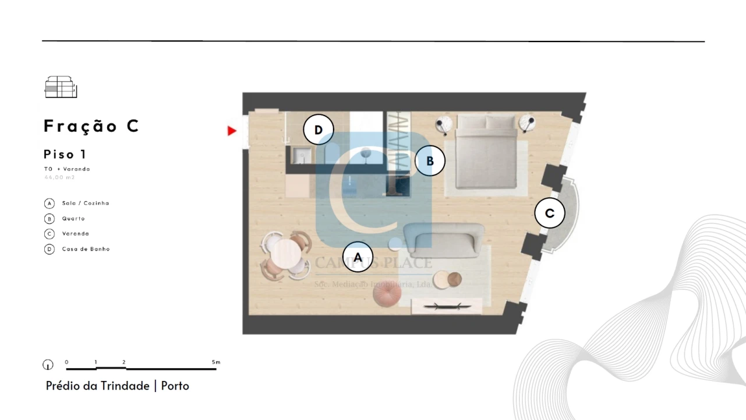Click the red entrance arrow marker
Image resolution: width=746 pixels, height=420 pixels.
pyautogui.click(x=232, y=131)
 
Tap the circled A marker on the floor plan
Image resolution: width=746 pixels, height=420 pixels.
pyautogui.click(x=358, y=257)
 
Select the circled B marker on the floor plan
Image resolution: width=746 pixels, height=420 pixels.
pyautogui.click(x=430, y=161)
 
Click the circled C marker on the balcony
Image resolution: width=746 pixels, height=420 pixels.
pyautogui.click(x=550, y=213)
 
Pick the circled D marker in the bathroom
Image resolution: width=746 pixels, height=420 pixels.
pyautogui.click(x=318, y=129)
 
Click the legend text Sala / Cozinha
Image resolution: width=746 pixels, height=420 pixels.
pyautogui.click(x=86, y=203)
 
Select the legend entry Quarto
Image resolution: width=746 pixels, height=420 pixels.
pyautogui.click(x=73, y=219)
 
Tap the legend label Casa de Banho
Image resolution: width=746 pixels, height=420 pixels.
pyautogui.click(x=86, y=249)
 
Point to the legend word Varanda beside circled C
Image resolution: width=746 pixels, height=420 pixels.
pyautogui.click(x=76, y=234)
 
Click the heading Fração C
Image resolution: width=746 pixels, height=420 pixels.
pyautogui.click(x=91, y=126)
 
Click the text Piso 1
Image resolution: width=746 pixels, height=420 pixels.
pyautogui.click(x=65, y=155)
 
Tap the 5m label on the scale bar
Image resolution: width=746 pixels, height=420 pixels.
pyautogui.click(x=216, y=362)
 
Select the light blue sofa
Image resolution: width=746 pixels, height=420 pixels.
pyautogui.click(x=444, y=240)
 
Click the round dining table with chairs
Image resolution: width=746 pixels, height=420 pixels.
pyautogui.click(x=286, y=255)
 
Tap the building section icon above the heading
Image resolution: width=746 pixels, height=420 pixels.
pyautogui.click(x=61, y=87)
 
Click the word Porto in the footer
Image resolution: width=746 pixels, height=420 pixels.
pyautogui.click(x=175, y=386)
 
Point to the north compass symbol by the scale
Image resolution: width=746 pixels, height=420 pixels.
pyautogui.click(x=48, y=365)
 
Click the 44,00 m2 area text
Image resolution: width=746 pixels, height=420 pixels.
pyautogui.click(x=59, y=177)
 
